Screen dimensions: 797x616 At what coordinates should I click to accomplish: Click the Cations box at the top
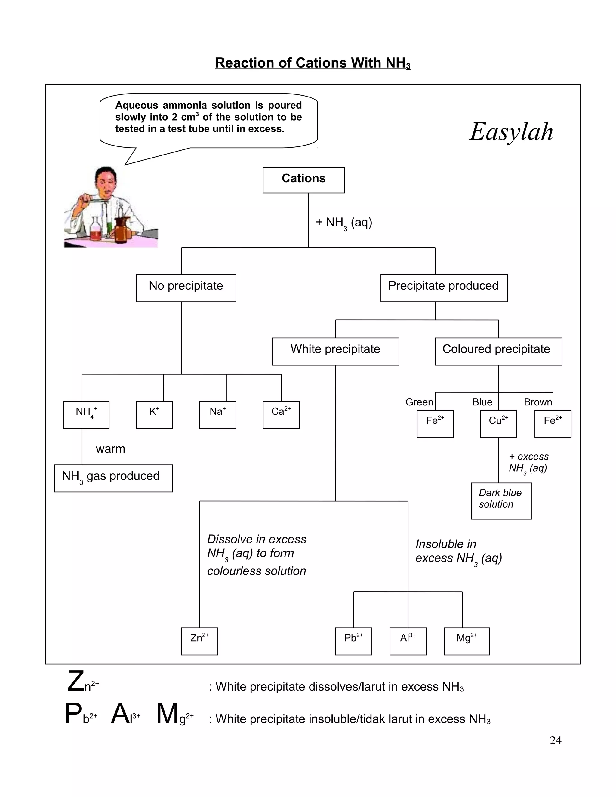coord(303,180)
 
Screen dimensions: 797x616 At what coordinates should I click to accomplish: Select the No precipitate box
coord(186,288)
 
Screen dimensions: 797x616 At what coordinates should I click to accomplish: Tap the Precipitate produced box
coord(444,288)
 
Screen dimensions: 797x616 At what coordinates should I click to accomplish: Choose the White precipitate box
coord(335,351)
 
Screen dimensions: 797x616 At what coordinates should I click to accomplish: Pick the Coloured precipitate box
coord(498,351)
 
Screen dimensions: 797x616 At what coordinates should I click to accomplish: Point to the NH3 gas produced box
coord(113,478)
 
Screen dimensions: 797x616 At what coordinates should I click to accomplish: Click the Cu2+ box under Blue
coord(498,424)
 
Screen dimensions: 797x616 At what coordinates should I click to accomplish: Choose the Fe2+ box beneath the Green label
coord(435,424)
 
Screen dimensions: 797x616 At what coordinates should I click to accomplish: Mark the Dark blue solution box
coord(501,501)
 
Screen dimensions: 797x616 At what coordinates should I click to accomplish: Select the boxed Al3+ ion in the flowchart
coord(408,641)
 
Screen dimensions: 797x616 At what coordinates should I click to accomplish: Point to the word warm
coord(110,448)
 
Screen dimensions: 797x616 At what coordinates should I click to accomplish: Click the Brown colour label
coord(537,402)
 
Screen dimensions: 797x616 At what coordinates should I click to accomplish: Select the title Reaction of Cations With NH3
coord(313,63)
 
